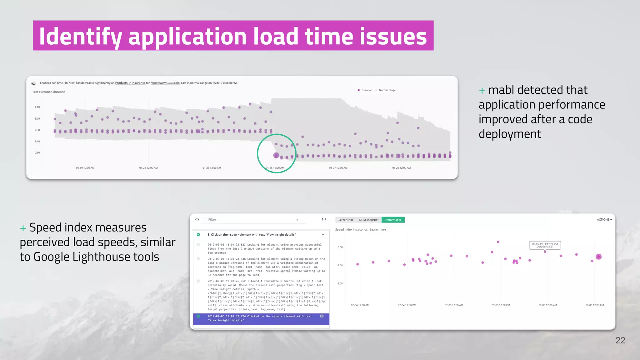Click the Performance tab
pos(393,220)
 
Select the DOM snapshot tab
pos(368,220)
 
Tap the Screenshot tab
pos(345,220)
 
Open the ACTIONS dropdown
pos(604,220)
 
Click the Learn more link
pos(377,230)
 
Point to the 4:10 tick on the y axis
pos(37,107)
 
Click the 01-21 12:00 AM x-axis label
pos(148,168)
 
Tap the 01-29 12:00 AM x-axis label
pos(401,168)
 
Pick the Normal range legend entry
pos(387,90)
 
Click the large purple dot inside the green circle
pos(276,155)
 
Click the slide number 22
pos(620,340)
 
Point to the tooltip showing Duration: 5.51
pos(545,245)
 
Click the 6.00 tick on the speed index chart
pos(340,247)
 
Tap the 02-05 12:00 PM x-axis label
pos(501,305)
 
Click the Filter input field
pos(250,220)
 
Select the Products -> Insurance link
pos(130,83)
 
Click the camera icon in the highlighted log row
pos(322,316)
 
